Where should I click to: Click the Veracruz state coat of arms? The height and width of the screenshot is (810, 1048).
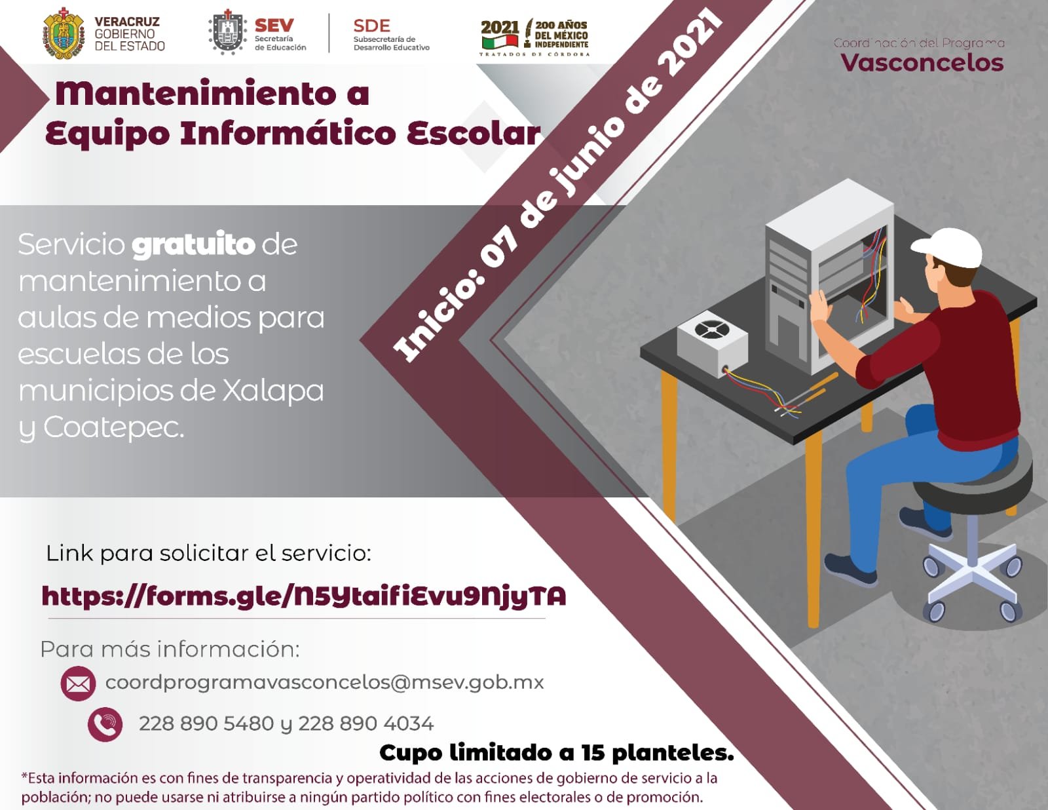64,33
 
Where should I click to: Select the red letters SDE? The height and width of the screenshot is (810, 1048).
371,26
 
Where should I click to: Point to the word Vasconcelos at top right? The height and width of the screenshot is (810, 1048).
922,63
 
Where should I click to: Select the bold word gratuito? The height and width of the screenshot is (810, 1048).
193,244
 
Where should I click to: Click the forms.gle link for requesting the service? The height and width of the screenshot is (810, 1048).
304,596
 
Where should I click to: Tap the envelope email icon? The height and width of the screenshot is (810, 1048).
78,683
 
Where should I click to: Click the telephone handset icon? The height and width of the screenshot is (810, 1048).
105,723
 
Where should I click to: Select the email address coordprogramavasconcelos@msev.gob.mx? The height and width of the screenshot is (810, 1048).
325,683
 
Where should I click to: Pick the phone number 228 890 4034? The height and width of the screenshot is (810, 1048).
365,723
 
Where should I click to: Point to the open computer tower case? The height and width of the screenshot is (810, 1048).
829,276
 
